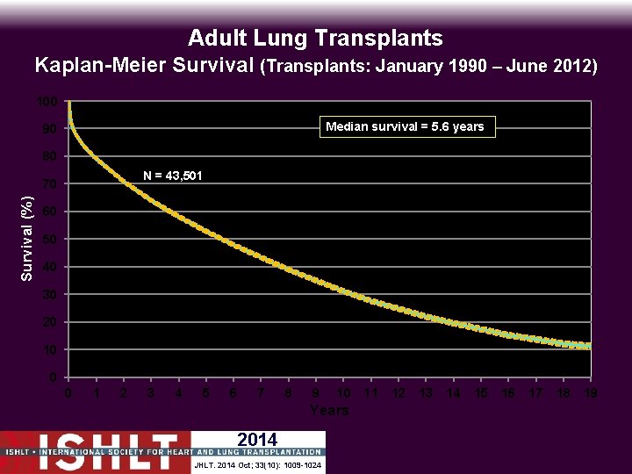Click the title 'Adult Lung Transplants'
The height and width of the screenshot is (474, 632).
(x=315, y=38)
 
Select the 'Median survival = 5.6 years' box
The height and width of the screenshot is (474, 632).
(x=405, y=126)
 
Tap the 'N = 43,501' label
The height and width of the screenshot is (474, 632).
(x=172, y=176)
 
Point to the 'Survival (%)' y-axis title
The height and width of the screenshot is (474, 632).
(x=27, y=240)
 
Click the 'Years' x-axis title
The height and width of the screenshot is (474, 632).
(x=329, y=410)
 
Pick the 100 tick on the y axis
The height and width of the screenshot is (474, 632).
(x=47, y=102)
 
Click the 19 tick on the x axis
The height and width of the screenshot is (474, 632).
(x=591, y=393)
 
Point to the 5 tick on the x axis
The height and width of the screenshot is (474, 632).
(x=205, y=393)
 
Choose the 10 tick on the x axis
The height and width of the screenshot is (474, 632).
(x=343, y=393)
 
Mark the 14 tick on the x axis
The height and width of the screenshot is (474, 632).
(x=453, y=393)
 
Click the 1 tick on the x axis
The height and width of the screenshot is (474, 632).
(x=96, y=393)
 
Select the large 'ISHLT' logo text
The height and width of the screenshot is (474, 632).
(x=97, y=446)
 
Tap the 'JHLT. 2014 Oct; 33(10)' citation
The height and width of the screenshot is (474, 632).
(x=256, y=464)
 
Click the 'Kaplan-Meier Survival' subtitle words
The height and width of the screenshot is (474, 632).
(x=145, y=65)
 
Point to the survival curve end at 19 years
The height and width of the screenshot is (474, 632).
(x=589, y=346)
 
